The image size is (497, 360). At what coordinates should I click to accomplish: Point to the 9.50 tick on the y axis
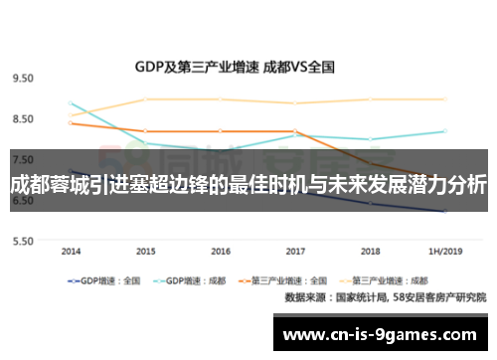22,78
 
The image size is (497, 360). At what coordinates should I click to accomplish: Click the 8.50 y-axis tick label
22,119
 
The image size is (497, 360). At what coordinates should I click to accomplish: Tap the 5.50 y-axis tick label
22,241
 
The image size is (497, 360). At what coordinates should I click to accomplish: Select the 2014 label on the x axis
71,251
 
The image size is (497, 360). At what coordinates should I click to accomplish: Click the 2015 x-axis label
146,251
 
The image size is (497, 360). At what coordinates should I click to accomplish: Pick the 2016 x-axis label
221,251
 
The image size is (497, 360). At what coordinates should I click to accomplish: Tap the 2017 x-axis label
295,251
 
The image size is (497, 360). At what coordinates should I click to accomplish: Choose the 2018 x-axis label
370,251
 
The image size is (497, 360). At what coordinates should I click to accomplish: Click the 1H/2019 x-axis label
443,251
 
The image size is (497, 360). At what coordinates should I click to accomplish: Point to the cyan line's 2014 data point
71,102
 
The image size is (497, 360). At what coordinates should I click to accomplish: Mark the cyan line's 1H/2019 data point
444,131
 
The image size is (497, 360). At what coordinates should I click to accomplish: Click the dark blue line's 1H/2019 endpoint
444,212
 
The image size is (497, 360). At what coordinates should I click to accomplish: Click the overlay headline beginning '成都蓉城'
248,185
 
